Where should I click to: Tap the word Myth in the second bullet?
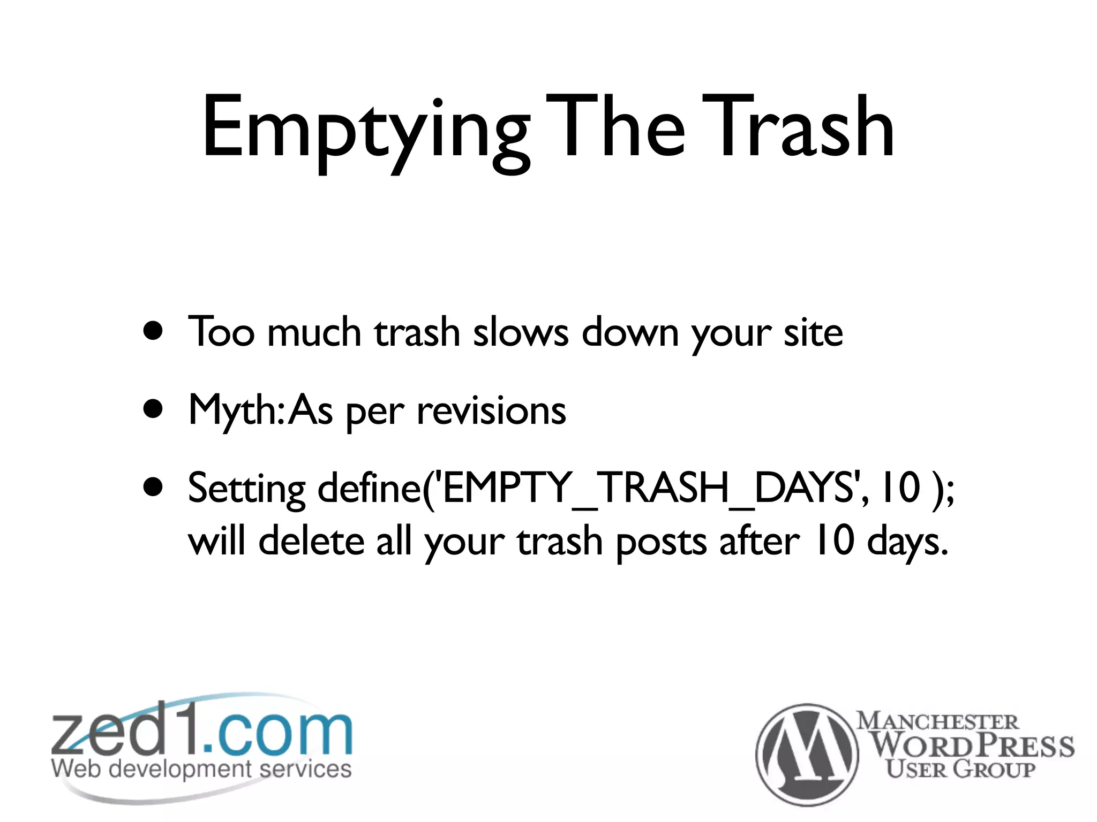(232, 411)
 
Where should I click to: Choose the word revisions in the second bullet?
(491, 411)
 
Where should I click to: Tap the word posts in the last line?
(661, 542)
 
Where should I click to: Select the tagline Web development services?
(201, 770)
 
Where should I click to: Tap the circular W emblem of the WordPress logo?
(807, 755)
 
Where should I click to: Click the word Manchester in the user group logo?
(938, 721)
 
